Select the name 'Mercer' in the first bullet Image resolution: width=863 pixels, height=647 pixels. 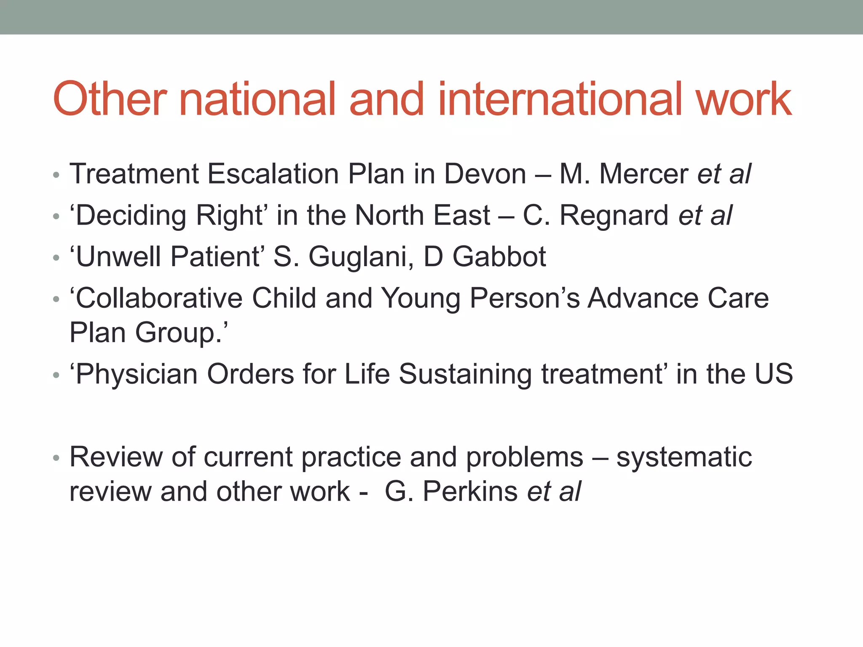pyautogui.click(x=643, y=174)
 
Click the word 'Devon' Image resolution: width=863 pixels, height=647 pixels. pyautogui.click(x=485, y=174)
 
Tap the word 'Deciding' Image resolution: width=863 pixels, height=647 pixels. pyautogui.click(x=131, y=216)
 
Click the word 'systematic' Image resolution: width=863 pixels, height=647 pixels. pyautogui.click(x=684, y=457)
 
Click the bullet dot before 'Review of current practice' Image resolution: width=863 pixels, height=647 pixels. pyautogui.click(x=56, y=458)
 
